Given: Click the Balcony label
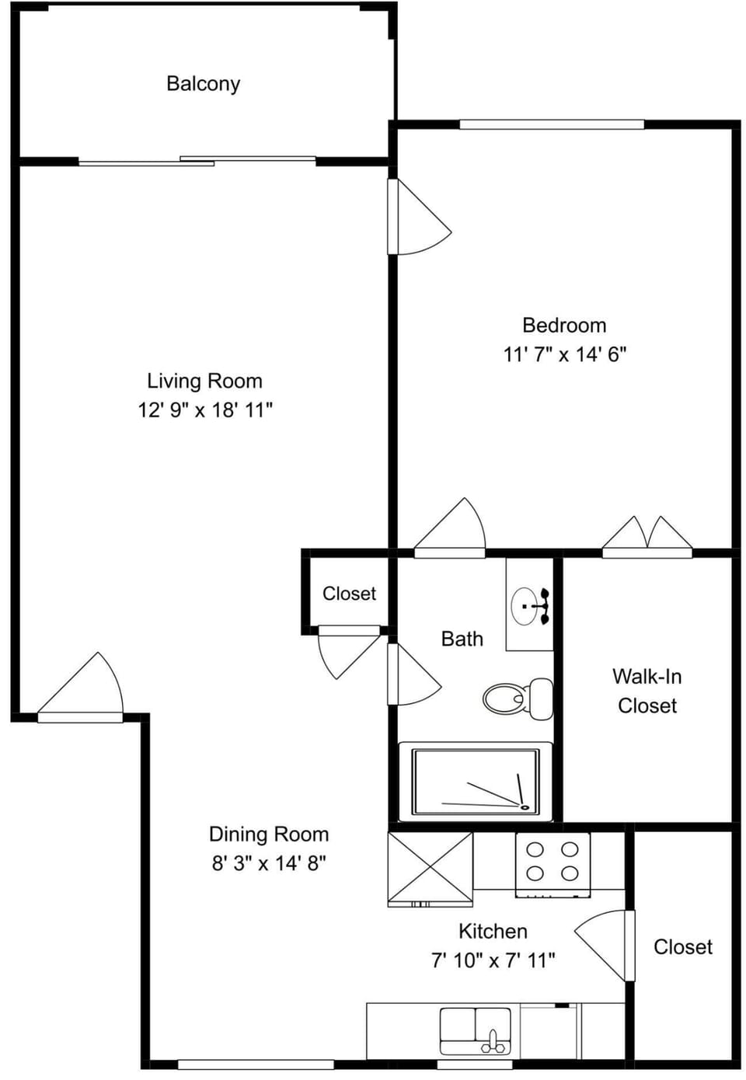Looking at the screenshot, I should [x=203, y=84].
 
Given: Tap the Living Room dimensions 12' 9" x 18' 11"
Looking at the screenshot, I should [x=205, y=410].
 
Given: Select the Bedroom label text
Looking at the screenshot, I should [x=564, y=326].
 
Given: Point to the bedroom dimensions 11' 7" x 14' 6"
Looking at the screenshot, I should [x=565, y=354].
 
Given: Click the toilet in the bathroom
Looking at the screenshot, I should [x=518, y=698].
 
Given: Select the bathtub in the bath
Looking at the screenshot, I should [x=476, y=782].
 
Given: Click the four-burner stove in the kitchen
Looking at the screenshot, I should [x=553, y=862].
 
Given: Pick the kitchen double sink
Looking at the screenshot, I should [x=476, y=1030].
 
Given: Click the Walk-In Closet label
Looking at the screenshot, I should [x=647, y=691].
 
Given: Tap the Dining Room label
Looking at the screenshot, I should [x=269, y=834].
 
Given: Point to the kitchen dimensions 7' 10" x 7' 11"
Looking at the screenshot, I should [x=493, y=961].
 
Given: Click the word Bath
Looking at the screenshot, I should [x=462, y=639].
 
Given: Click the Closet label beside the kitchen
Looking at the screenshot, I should [x=683, y=947].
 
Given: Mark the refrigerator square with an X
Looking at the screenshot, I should [x=430, y=869].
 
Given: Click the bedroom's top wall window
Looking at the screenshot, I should [x=552, y=124].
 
